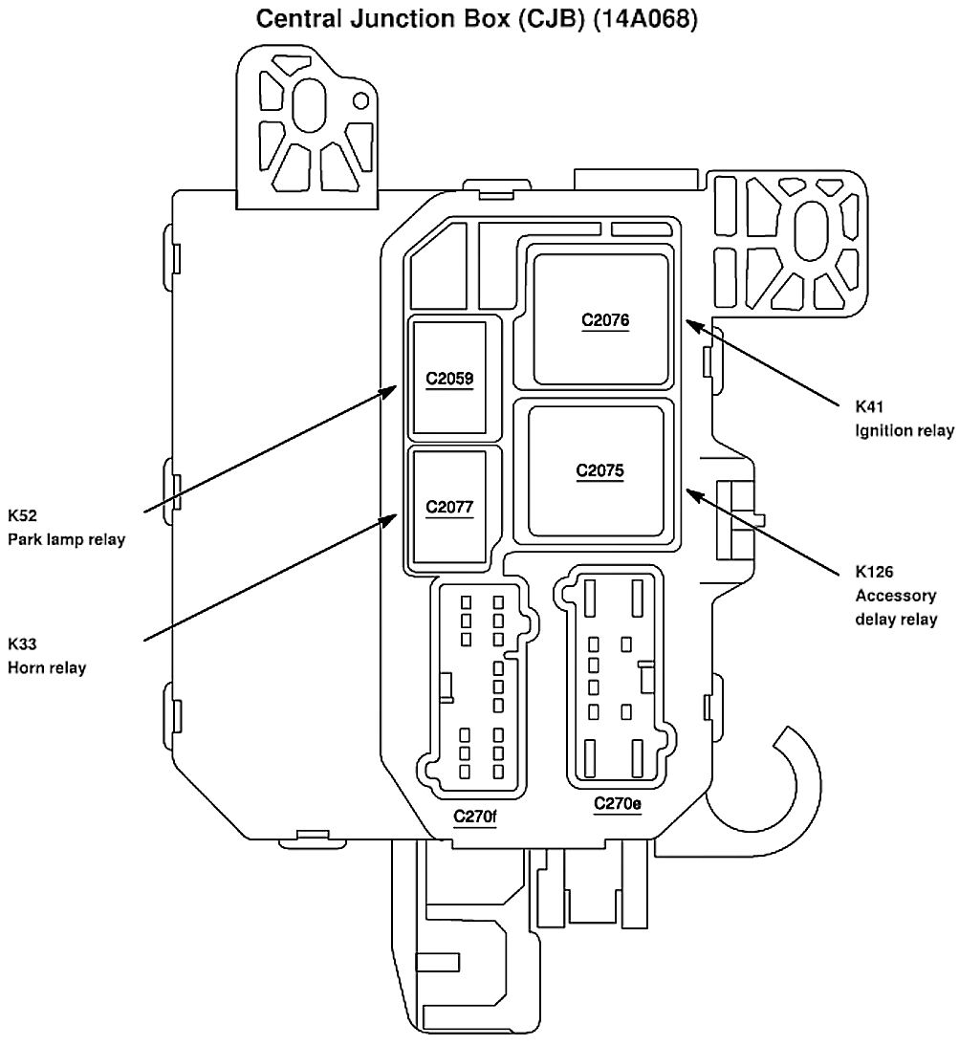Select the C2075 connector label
point(600,470)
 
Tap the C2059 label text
point(449,378)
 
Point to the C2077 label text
point(449,506)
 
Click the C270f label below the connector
point(475,817)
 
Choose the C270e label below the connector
point(617,803)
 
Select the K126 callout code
point(872,573)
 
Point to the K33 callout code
point(22,643)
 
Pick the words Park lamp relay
point(67,539)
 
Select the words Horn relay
point(47,667)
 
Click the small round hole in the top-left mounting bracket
point(360,100)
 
